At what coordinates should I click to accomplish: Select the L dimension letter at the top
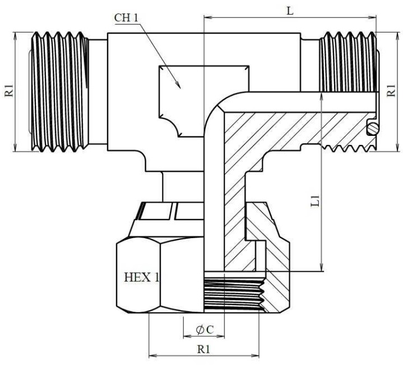tap(290, 10)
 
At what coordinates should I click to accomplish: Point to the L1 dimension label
tap(315, 201)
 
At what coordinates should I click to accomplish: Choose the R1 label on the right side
tap(392, 91)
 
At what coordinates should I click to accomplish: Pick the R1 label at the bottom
tap(203, 349)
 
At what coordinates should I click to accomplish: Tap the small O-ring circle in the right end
tap(372, 129)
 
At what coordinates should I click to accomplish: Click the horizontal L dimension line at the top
tap(252, 16)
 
